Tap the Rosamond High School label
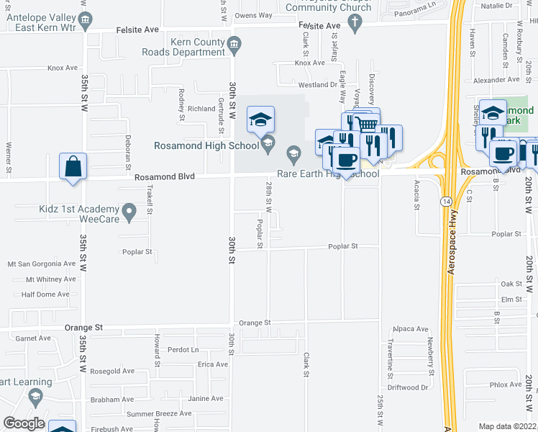coord(206,146)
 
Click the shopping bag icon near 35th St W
coord(73,166)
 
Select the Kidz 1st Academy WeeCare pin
coord(129,212)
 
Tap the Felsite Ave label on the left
coord(138,31)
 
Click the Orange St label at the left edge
coord(83,327)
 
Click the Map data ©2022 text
coord(508,426)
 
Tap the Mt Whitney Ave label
coord(50,279)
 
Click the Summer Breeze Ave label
coord(159,414)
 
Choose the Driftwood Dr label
coord(407,387)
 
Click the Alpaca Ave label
coord(411,328)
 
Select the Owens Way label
coord(254,15)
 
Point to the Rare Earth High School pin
coord(293,153)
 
